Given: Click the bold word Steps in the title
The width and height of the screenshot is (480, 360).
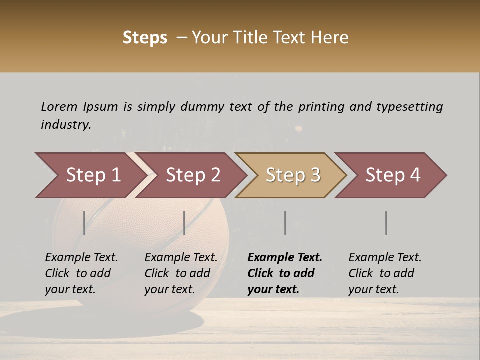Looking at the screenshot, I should tap(145, 38).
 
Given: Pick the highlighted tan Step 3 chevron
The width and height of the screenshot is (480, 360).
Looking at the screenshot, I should tap(293, 175).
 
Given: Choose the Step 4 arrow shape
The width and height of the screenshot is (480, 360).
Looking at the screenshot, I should tap(393, 175).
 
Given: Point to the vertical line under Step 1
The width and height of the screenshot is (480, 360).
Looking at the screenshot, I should tap(84, 223).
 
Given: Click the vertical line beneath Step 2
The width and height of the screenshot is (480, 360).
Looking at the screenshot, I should tap(184, 223).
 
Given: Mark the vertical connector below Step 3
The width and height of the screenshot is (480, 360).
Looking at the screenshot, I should tap(285, 223).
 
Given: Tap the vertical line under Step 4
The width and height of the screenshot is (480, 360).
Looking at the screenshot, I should tap(386, 223).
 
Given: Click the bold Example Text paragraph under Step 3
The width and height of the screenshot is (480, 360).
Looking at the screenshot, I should tap(284, 273).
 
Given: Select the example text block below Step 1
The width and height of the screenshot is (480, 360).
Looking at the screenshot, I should tap(81, 273).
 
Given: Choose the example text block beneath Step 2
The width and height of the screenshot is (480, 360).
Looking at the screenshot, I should tap(181, 273).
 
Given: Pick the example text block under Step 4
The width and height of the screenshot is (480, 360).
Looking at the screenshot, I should tap(385, 273).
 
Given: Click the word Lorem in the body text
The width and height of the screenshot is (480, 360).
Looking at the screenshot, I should tap(59, 107).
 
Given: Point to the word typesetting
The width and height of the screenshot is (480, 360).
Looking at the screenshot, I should tap(409, 107).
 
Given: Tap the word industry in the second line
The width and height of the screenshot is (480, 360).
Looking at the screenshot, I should tap(66, 125).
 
